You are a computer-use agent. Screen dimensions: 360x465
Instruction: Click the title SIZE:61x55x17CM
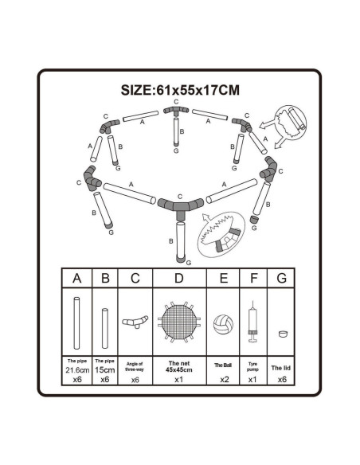tap(180, 90)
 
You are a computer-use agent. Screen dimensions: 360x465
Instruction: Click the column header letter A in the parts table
tap(76, 279)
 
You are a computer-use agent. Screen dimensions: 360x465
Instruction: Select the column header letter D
tap(179, 279)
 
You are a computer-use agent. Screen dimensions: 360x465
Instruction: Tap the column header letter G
tap(281, 279)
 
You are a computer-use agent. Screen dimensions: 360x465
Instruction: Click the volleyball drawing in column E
tap(223, 324)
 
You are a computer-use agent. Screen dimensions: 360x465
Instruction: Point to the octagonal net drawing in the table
tap(179, 322)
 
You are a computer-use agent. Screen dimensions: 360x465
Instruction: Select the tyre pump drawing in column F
tap(252, 322)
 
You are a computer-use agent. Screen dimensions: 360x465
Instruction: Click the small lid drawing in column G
tap(284, 334)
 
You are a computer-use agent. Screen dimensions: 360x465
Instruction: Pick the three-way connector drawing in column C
tap(135, 322)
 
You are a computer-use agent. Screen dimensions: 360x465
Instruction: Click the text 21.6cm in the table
tap(77, 370)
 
